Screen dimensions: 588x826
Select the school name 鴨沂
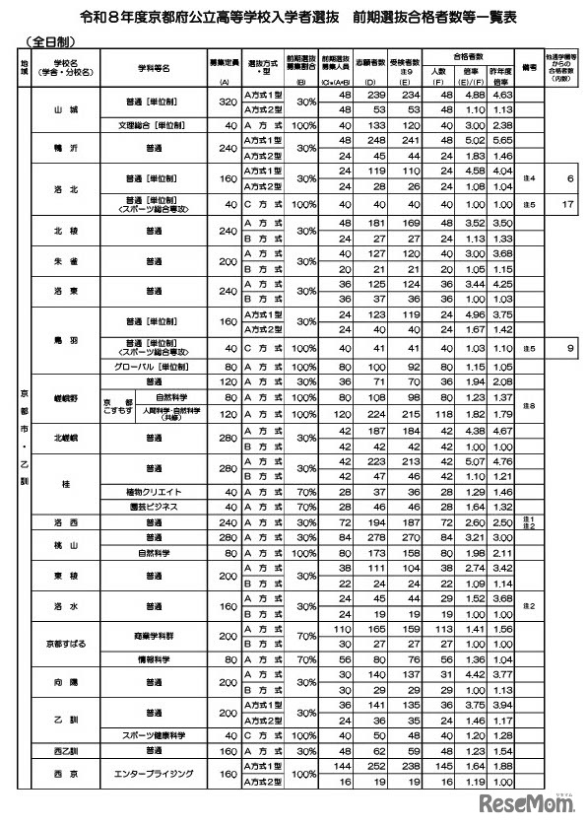[x=66, y=146]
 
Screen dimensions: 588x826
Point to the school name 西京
[x=66, y=776]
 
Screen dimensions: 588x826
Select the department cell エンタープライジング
[x=153, y=776]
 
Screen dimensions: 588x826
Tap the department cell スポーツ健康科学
[x=153, y=735]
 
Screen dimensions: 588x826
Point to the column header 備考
[x=528, y=70]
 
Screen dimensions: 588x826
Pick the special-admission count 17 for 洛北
[x=569, y=204]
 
